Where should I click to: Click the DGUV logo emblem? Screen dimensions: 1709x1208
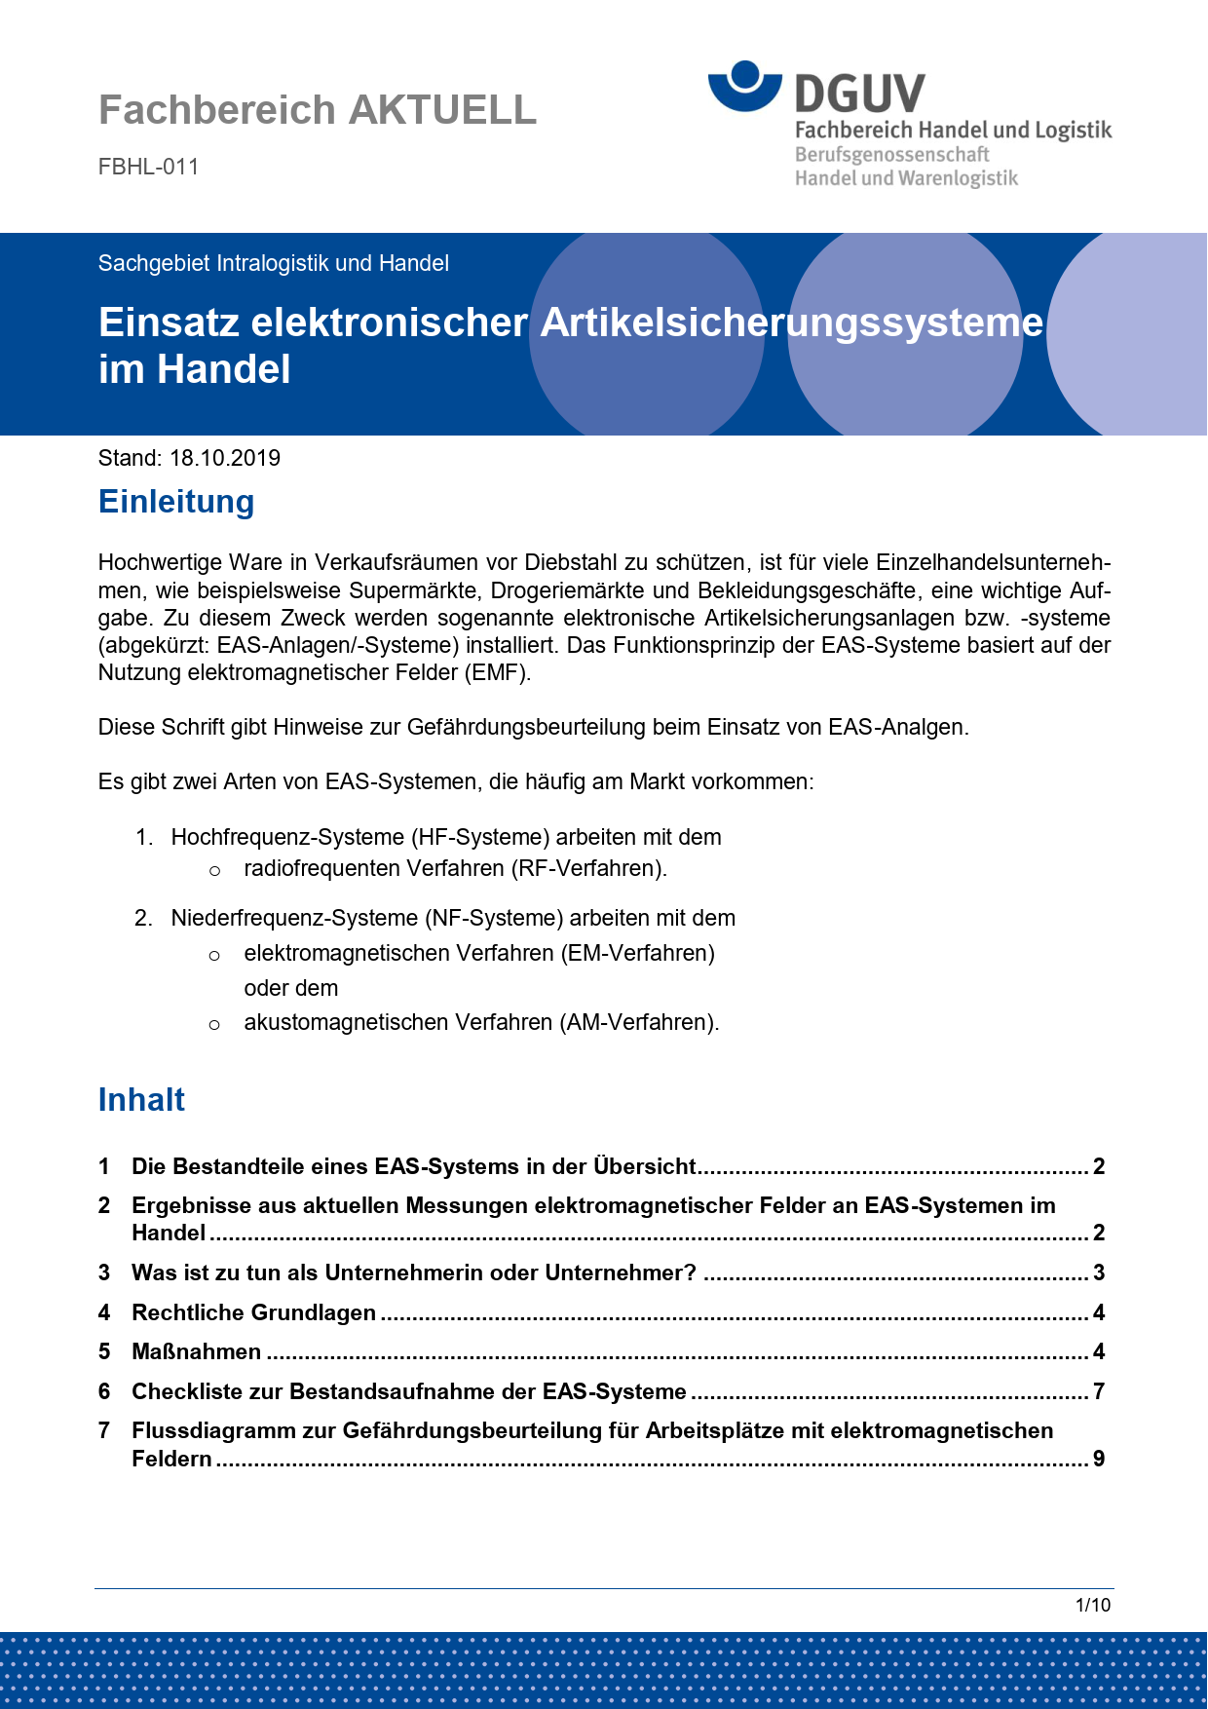[745, 86]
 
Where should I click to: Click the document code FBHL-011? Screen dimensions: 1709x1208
[148, 167]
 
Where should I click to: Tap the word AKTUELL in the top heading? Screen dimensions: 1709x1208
[442, 110]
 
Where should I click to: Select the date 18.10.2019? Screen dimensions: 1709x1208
[225, 458]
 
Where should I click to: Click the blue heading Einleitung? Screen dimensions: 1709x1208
[176, 502]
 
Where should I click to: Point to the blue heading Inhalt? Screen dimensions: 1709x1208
[141, 1100]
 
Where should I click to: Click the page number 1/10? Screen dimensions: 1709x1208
[1092, 1605]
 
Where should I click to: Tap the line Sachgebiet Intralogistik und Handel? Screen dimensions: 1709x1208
[274, 263]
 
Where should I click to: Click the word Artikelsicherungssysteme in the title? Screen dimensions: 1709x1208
[791, 323]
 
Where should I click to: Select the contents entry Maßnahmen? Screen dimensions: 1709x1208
[197, 1351]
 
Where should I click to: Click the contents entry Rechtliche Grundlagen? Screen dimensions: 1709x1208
[253, 1312]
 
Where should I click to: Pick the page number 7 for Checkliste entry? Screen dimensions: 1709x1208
[1099, 1391]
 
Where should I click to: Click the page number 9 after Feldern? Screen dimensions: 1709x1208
[1099, 1459]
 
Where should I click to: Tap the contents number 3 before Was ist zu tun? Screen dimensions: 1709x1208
[104, 1272]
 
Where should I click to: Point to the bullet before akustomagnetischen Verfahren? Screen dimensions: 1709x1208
[214, 1024]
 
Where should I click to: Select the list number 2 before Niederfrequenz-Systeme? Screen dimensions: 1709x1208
[143, 918]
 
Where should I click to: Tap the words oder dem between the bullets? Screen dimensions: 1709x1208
[291, 988]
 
